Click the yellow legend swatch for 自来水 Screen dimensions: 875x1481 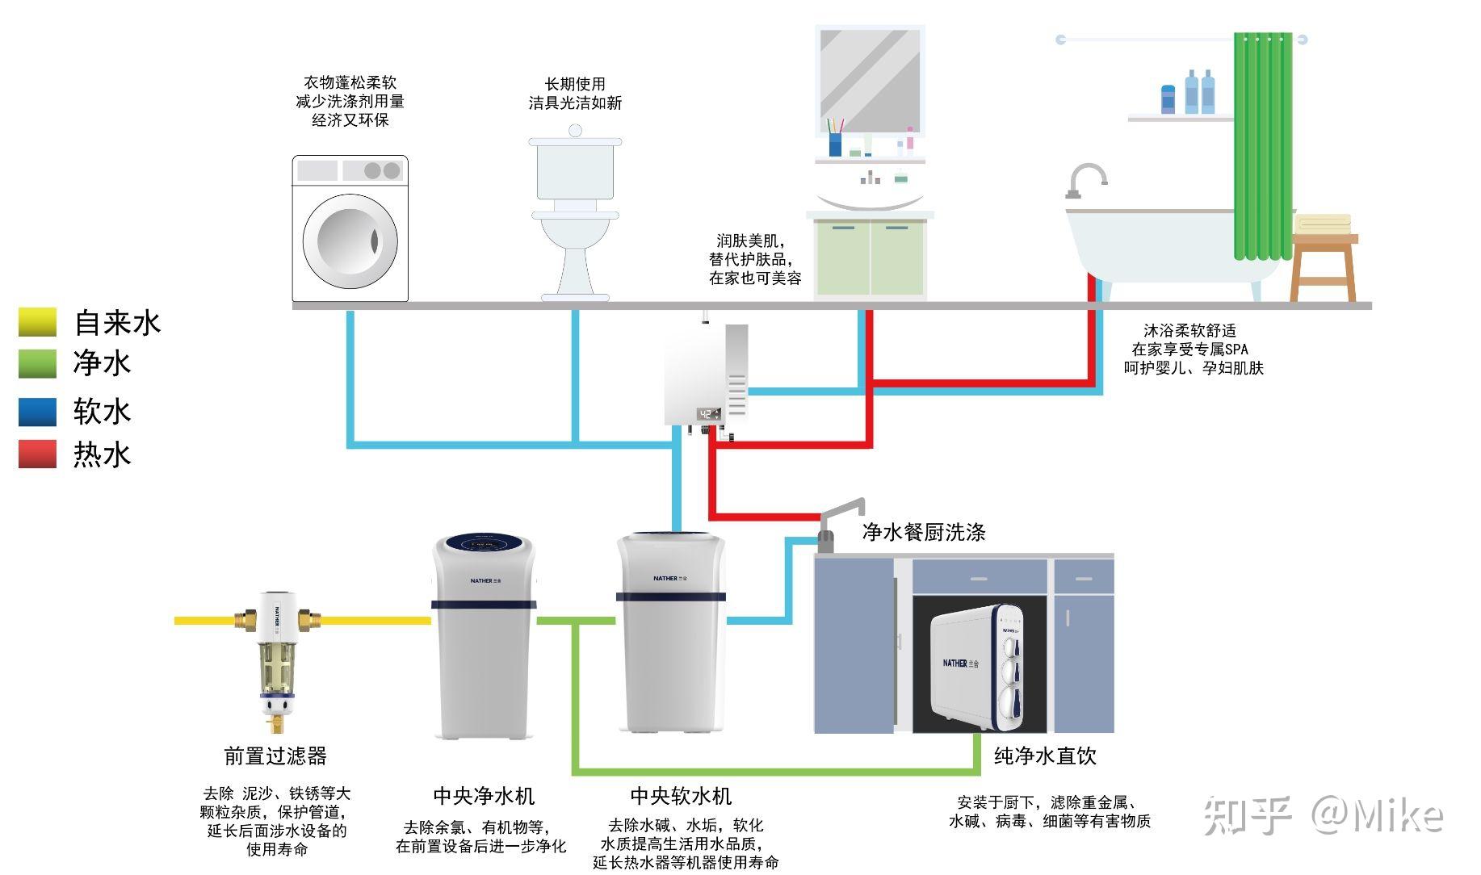tap(37, 322)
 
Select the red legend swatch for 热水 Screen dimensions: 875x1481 tap(37, 454)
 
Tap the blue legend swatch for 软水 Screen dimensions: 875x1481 tap(37, 412)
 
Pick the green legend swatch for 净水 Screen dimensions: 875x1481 tap(37, 363)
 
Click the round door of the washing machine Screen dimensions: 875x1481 tap(350, 241)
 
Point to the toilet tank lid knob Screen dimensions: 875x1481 tap(575, 131)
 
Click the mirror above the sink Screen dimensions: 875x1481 tap(870, 81)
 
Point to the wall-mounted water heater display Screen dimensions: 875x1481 tap(709, 414)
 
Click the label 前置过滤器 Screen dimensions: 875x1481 tap(275, 756)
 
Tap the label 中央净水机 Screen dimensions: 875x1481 tap(484, 796)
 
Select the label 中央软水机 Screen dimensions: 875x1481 tap(681, 796)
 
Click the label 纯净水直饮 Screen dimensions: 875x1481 tap(1045, 756)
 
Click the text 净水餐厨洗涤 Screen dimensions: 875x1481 tap(924, 532)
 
